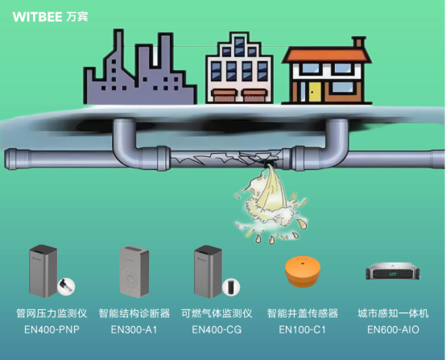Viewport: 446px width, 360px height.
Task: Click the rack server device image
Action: pyautogui.click(x=391, y=272)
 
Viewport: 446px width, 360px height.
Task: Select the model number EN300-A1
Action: pyautogui.click(x=134, y=329)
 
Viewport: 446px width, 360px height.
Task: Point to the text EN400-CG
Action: pyautogui.click(x=217, y=329)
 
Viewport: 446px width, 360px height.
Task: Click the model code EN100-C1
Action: pyautogui.click(x=302, y=329)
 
